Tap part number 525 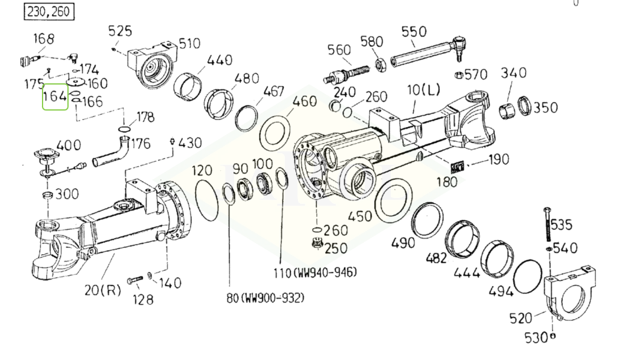pos(121,31)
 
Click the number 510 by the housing pos(189,43)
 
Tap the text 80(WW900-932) pos(264,297)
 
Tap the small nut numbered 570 pos(456,75)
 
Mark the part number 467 pos(274,93)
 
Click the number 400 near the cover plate pos(69,145)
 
